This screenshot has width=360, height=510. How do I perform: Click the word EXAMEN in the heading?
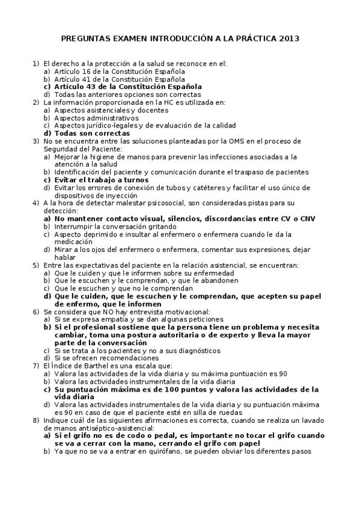click(x=125, y=38)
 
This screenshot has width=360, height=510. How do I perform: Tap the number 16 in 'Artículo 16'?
click(x=85, y=71)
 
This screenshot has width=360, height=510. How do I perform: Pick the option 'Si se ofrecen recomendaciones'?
click(x=108, y=358)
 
